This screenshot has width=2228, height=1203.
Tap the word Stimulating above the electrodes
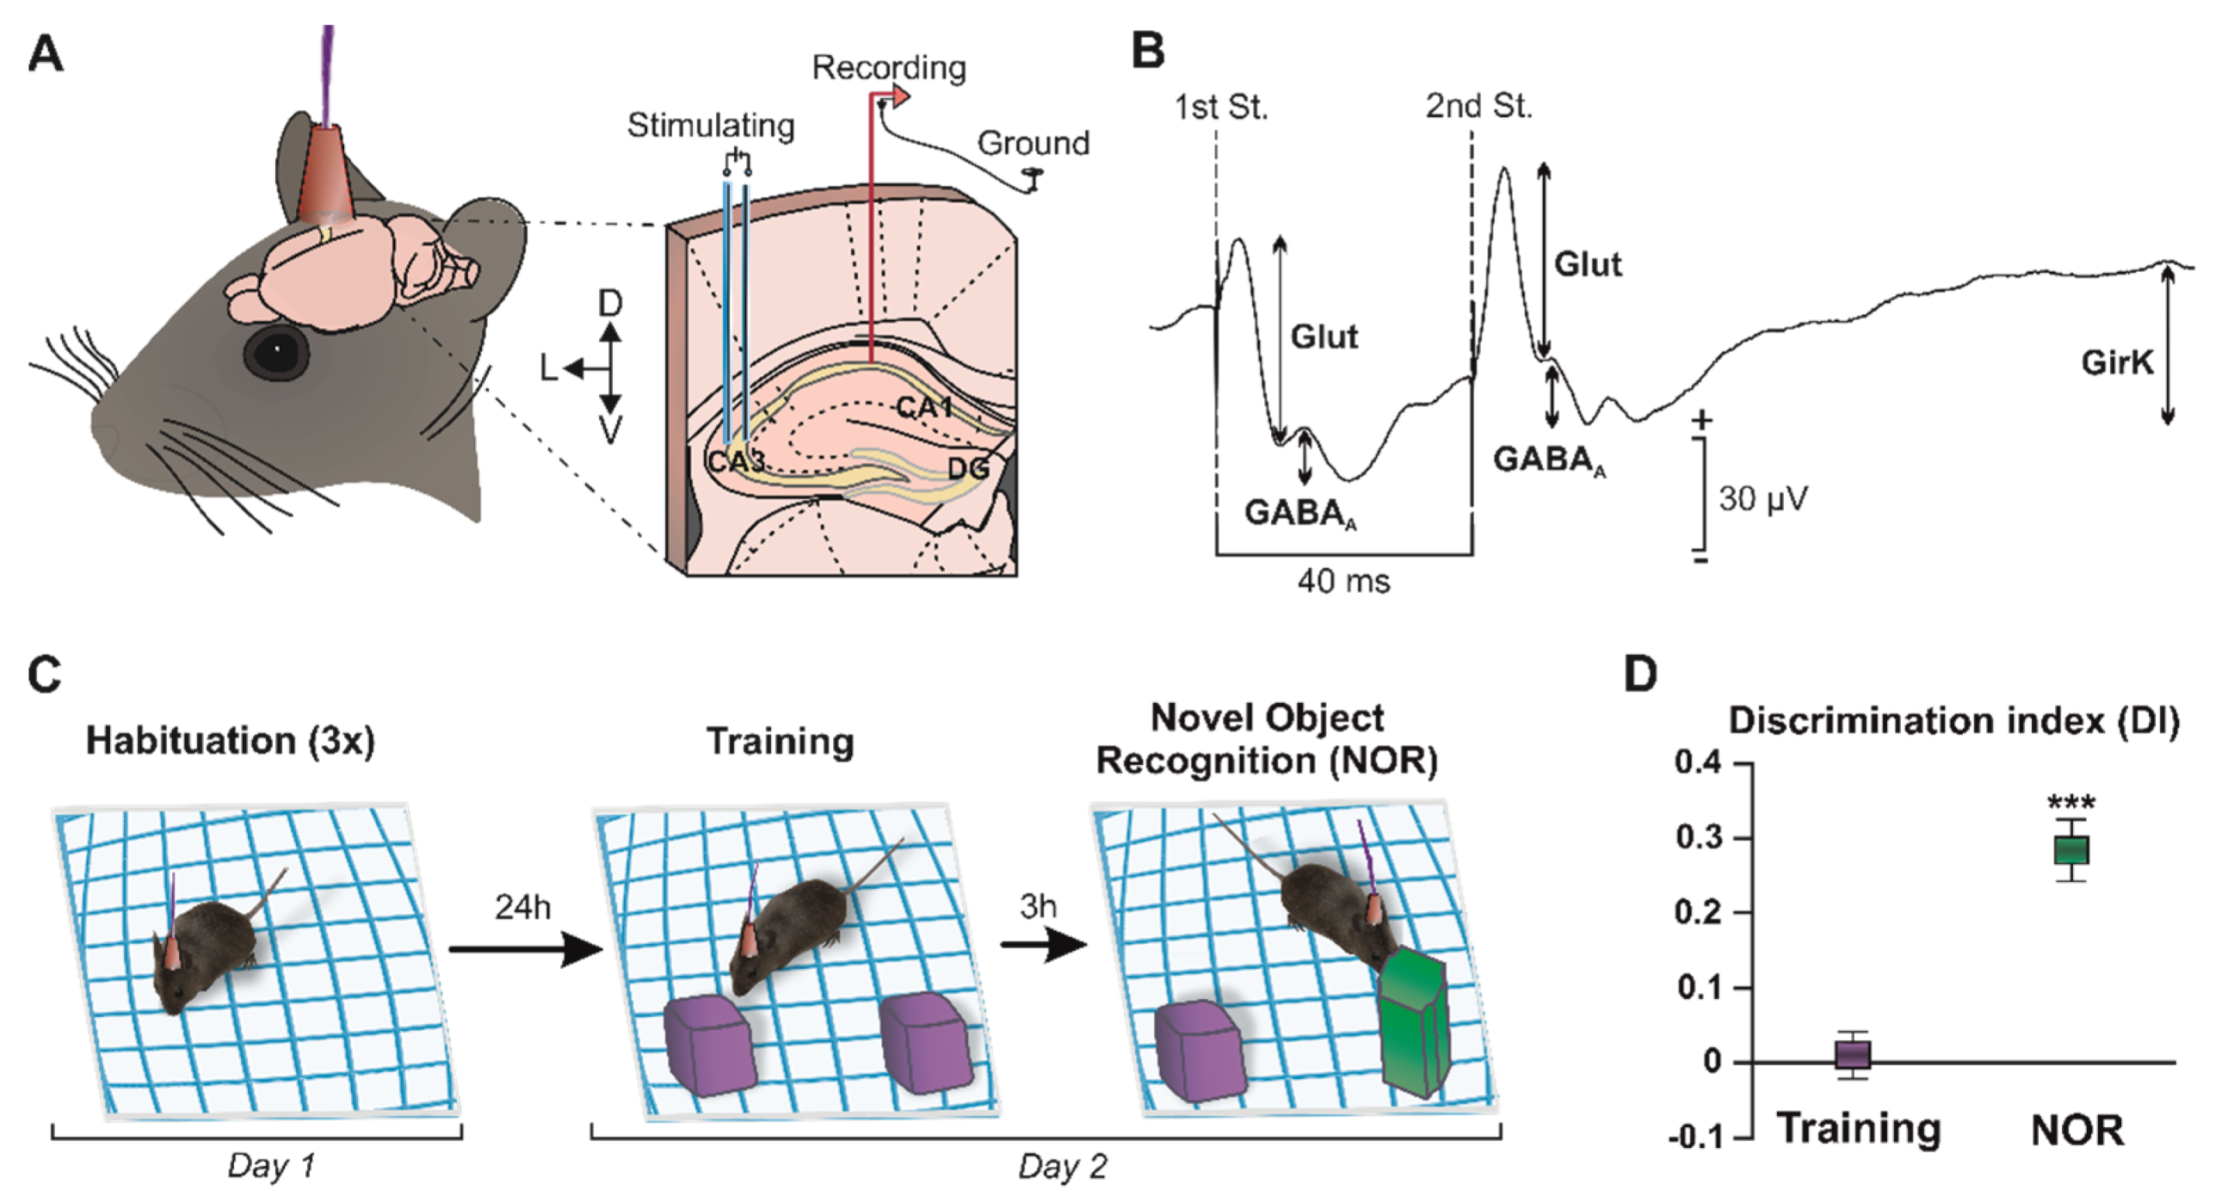tap(710, 126)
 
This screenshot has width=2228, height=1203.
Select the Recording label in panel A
tap(888, 68)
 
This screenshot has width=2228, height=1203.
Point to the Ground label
tap(1033, 144)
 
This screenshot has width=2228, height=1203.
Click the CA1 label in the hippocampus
tap(923, 405)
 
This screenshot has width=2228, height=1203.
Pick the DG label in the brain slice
tap(968, 469)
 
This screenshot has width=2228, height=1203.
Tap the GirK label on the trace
tap(2116, 362)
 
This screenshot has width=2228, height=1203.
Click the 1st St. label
tap(1220, 108)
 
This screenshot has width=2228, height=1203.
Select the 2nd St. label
tap(1478, 107)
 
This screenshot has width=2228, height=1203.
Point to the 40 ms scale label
tap(1343, 581)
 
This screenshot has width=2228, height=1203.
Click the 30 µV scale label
tap(1762, 499)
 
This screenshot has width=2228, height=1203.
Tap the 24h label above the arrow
tap(522, 907)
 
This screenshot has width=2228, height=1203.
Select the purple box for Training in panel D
tap(1853, 1055)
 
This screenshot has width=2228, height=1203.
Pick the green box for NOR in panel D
tap(2071, 850)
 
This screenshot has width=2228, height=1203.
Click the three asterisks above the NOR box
tap(2071, 803)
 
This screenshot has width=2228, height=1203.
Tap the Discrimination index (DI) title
tap(1953, 721)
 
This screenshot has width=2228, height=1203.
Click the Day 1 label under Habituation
tap(271, 1166)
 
